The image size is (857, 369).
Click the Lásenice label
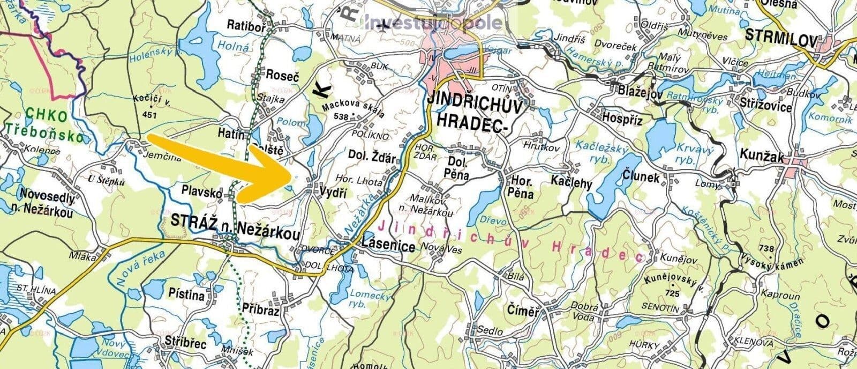pyautogui.click(x=388, y=247)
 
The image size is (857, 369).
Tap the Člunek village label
pyautogui.click(x=642, y=176)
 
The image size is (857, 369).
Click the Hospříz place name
pyautogui.click(x=622, y=118)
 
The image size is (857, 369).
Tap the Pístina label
pyautogui.click(x=186, y=295)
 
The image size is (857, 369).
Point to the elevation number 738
pyautogui.click(x=766, y=248)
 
